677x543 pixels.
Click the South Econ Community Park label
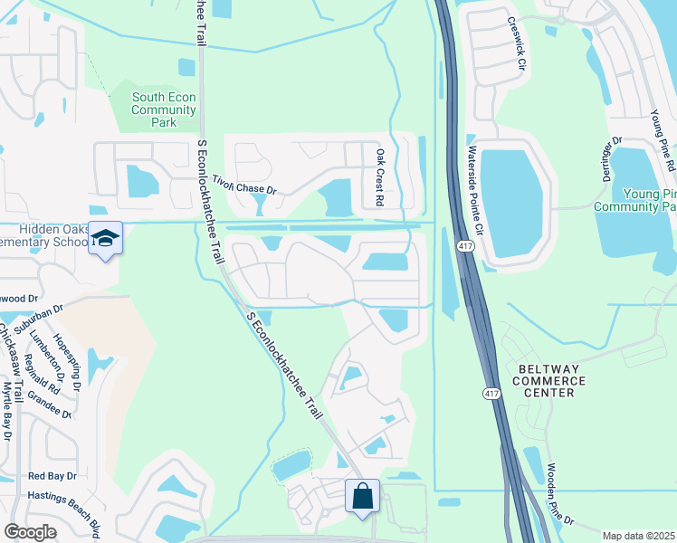click(x=164, y=110)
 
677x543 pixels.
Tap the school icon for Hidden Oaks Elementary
click(x=106, y=239)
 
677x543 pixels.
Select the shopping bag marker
click(x=362, y=496)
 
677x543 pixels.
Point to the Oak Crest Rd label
click(x=381, y=176)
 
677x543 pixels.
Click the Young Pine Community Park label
click(x=634, y=200)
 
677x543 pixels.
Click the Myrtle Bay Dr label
click(x=6, y=411)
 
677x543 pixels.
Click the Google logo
click(x=31, y=532)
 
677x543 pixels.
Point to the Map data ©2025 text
click(x=638, y=536)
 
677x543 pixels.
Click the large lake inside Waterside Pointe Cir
click(x=511, y=198)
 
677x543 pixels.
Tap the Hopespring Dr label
click(x=67, y=363)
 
